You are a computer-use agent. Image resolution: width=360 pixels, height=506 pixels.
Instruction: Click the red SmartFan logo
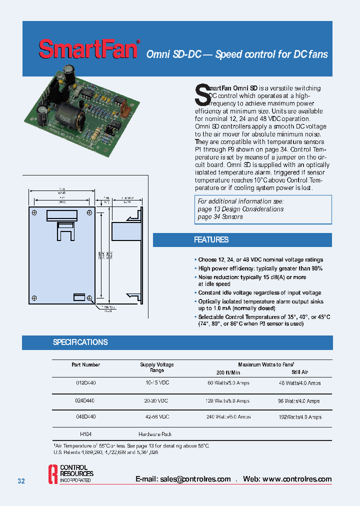point(88,49)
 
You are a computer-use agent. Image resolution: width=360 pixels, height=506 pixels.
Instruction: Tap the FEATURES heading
point(211,240)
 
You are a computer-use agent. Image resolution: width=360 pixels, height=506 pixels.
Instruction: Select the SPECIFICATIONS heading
point(80,342)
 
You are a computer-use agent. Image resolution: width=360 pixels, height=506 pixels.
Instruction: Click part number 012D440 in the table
point(85,383)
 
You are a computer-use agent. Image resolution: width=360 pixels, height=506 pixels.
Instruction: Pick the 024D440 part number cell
point(85,401)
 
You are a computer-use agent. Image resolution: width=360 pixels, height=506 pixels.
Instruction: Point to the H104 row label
point(85,434)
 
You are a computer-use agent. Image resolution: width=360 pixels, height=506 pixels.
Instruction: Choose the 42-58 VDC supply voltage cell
point(156,417)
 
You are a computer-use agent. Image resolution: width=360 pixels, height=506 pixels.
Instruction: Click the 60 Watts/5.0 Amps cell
point(228,383)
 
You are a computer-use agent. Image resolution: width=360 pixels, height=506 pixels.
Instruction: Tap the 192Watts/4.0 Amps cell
point(299,417)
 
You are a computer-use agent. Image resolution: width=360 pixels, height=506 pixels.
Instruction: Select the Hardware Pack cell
point(155,434)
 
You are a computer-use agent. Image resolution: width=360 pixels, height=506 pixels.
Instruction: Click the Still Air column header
point(300,372)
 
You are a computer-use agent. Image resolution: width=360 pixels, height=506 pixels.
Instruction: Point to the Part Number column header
point(85,365)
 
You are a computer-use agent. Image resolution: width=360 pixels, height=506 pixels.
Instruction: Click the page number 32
point(21,481)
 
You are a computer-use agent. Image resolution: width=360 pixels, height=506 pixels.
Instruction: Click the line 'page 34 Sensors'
point(220,216)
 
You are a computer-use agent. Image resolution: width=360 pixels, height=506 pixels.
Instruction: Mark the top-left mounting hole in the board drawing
point(34,213)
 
